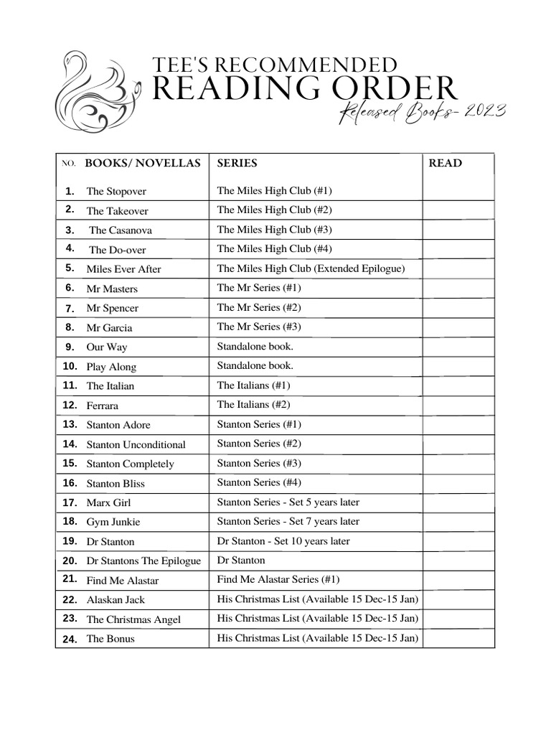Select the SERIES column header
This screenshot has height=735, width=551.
point(237,163)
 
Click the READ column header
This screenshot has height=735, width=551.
point(445,163)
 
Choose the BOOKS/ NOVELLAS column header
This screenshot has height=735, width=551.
point(143,163)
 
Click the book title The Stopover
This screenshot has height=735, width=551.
point(116,192)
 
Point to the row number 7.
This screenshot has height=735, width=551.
point(70,308)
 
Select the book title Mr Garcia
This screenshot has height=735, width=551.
point(109,328)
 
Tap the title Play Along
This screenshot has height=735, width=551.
point(111,367)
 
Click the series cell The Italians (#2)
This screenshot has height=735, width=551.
point(253,405)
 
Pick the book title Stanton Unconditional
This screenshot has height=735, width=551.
point(136,445)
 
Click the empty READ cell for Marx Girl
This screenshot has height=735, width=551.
point(458,502)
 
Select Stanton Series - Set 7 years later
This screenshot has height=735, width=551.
point(288,522)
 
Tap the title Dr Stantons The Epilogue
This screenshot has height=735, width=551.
point(143,561)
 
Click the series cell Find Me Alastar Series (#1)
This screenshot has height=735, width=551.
point(278,579)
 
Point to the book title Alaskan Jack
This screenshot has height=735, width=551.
point(116,600)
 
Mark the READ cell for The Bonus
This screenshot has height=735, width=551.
point(458,638)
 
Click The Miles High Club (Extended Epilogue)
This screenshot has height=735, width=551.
point(311,268)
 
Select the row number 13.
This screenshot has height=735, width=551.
point(70,424)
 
